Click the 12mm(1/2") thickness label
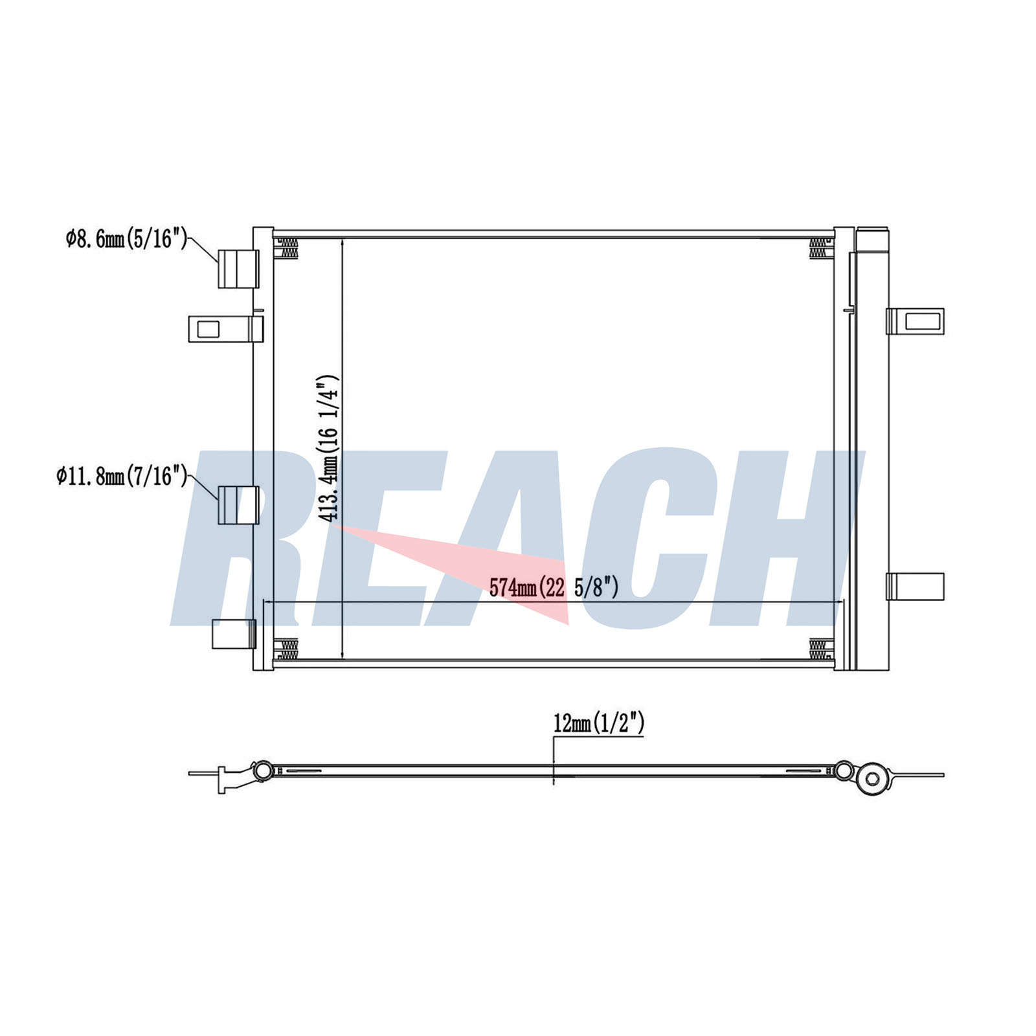[x=599, y=723]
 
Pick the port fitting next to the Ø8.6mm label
[x=238, y=269]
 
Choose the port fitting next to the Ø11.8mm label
[x=238, y=505]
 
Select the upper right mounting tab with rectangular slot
[x=915, y=321]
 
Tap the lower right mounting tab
[x=915, y=587]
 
